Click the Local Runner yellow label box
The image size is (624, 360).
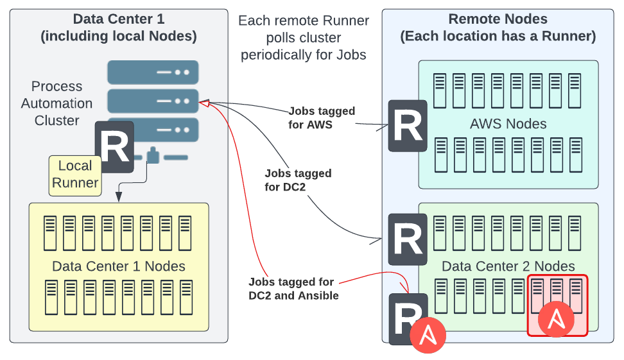click(75, 175)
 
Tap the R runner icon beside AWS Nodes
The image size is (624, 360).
click(408, 126)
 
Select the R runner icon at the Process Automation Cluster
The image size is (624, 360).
click(115, 147)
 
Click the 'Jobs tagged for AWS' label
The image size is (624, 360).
click(322, 117)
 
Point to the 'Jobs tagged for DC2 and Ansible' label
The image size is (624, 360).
click(293, 289)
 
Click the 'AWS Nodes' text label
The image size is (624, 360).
click(508, 124)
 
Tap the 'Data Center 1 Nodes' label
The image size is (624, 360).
click(119, 266)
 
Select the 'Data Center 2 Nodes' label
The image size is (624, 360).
click(508, 266)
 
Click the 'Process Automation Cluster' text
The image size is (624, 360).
click(56, 103)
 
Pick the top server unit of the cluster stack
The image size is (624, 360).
click(153, 72)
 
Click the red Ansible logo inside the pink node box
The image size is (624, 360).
click(556, 319)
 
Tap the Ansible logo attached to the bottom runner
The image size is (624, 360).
click(428, 336)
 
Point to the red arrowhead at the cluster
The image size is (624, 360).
click(204, 103)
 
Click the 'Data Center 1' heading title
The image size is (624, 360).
click(119, 19)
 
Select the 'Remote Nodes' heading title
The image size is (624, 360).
click(498, 19)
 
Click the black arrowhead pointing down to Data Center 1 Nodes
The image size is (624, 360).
click(118, 196)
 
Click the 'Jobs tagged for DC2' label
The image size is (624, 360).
click(298, 180)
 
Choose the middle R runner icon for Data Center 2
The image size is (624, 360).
click(408, 239)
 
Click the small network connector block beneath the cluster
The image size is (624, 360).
click(153, 155)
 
